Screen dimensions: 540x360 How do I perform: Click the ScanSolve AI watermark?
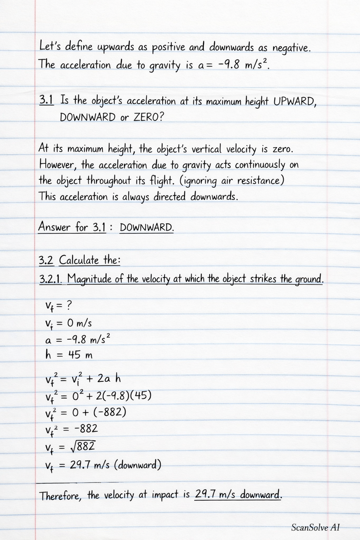(x=315, y=527)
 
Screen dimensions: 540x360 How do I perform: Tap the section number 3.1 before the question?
(x=46, y=100)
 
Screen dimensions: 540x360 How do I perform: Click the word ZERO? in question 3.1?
(x=149, y=117)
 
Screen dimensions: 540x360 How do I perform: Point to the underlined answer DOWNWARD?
(x=147, y=227)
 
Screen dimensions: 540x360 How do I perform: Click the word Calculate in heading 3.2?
(x=79, y=261)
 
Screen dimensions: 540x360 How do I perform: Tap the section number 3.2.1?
(x=51, y=279)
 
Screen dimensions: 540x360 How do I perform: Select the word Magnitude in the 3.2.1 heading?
(x=90, y=279)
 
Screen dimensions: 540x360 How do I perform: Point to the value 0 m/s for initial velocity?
(x=79, y=323)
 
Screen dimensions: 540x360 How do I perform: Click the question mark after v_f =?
(x=69, y=306)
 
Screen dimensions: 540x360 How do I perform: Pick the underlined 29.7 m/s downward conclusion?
(x=238, y=495)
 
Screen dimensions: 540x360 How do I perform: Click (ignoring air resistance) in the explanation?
(x=232, y=181)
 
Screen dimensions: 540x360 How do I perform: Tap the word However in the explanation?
(x=58, y=165)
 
